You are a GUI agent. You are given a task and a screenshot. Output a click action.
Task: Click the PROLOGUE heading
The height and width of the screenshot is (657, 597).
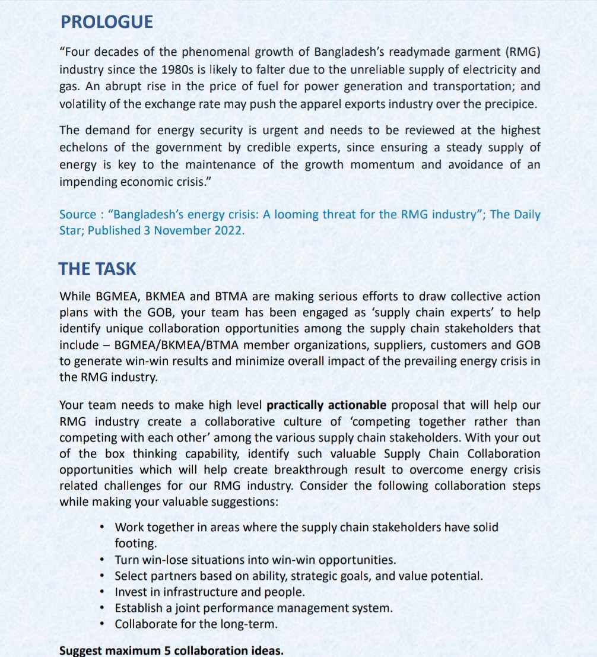click(x=107, y=22)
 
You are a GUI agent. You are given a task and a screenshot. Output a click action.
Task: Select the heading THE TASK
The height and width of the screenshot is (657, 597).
click(x=97, y=269)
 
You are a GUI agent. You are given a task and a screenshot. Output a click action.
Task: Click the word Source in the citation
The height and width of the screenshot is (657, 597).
click(x=77, y=215)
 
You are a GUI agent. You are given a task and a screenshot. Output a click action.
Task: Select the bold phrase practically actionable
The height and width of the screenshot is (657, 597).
click(x=326, y=405)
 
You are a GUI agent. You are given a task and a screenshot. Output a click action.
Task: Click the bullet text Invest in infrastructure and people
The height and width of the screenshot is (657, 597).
click(x=209, y=592)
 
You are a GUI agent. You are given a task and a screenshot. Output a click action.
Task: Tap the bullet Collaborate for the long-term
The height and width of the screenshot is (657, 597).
click(x=196, y=624)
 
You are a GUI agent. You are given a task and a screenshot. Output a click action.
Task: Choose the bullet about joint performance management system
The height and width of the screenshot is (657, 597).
click(x=253, y=608)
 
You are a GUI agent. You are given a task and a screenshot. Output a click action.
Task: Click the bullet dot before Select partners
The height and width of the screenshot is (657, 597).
click(x=103, y=576)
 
